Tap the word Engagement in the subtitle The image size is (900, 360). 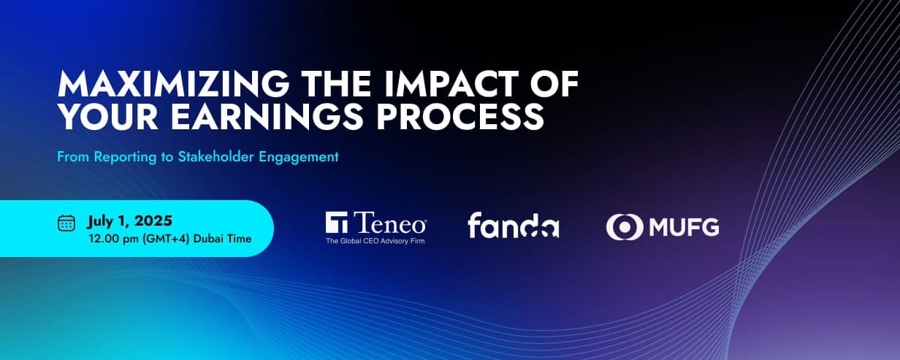click(299, 157)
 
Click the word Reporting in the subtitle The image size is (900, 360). click(125, 157)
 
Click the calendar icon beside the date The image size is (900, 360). click(66, 223)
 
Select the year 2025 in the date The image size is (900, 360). click(153, 221)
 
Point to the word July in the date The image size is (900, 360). click(100, 221)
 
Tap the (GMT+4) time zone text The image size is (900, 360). click(166, 239)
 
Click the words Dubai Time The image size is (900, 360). click(223, 239)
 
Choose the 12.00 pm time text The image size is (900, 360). click(113, 239)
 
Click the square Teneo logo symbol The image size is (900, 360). click(337, 222)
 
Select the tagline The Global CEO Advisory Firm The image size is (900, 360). click(375, 241)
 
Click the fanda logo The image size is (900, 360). click(514, 225)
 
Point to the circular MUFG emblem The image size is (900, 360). click(625, 227)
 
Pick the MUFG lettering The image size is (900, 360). click(684, 227)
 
